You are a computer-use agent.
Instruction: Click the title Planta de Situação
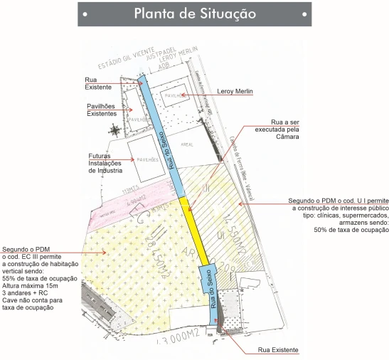194,14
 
